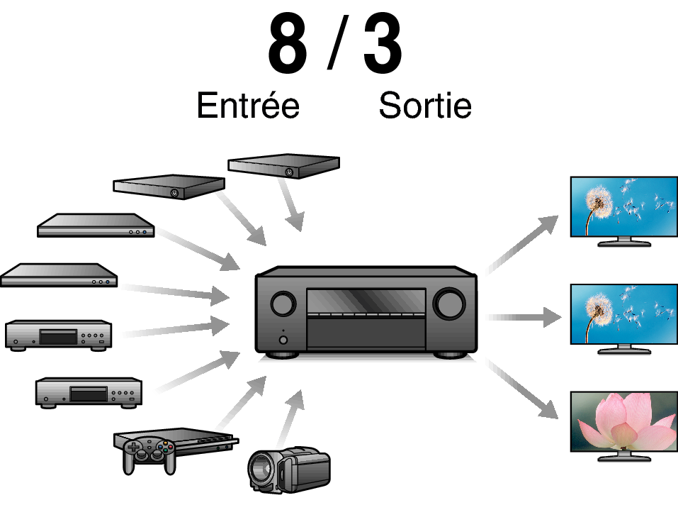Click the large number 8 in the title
click(x=288, y=44)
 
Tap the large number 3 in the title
click(x=383, y=44)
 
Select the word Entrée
click(x=248, y=105)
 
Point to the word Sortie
click(x=425, y=105)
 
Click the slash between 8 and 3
click(x=338, y=43)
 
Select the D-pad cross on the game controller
click(x=134, y=447)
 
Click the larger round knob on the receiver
click(x=450, y=303)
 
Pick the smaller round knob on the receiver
click(x=283, y=303)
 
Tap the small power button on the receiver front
click(x=283, y=340)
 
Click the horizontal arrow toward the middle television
click(x=524, y=318)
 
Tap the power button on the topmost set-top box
click(x=289, y=172)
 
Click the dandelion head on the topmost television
click(x=599, y=201)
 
